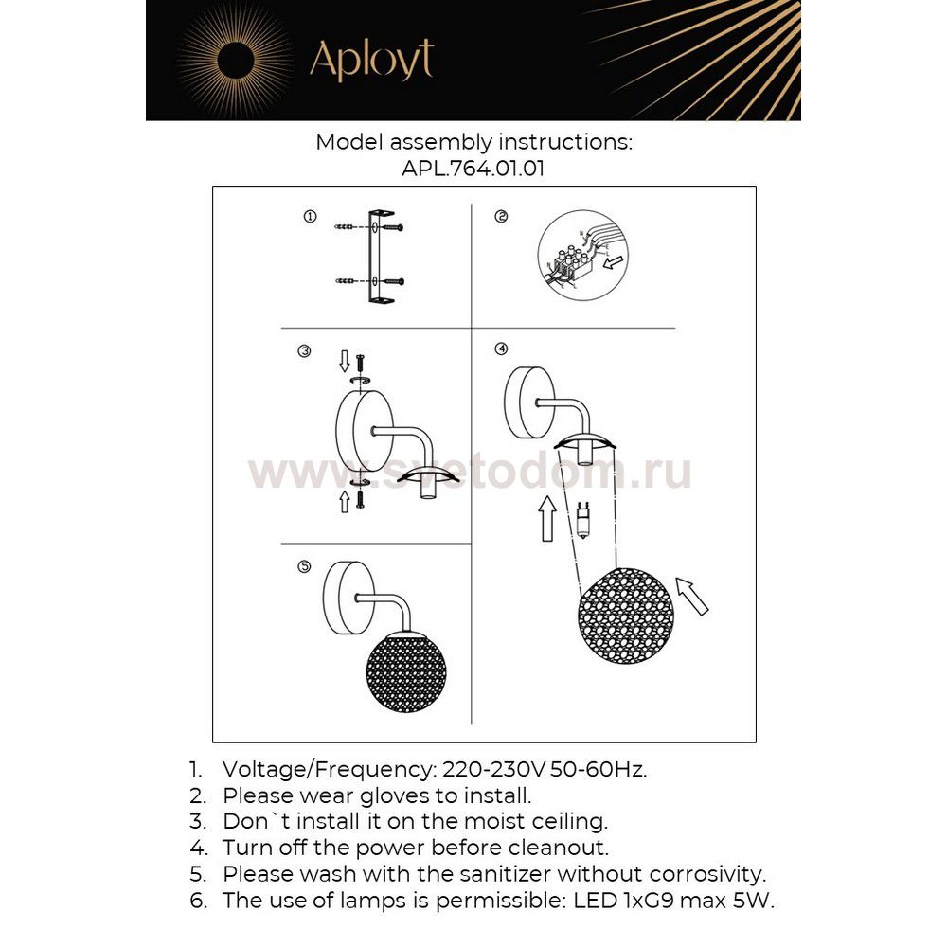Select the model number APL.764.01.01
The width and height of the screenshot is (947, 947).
[473, 168]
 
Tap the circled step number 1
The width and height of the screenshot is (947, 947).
[310, 217]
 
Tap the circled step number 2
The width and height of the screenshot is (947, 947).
[501, 217]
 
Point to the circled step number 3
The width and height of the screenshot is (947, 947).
[304, 351]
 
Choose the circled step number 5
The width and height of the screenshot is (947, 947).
[304, 567]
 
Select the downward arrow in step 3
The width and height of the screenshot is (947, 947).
[345, 361]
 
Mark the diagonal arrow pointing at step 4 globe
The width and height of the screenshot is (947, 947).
[692, 597]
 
